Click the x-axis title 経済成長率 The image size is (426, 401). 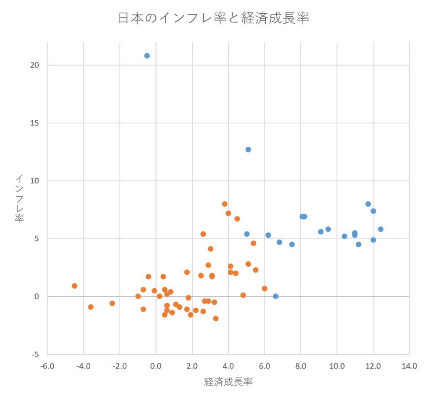(x=228, y=382)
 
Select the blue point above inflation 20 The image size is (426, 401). (x=147, y=56)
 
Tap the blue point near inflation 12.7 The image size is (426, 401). (x=248, y=149)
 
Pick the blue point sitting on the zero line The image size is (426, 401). (x=275, y=296)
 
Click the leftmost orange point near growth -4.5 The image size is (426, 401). (x=74, y=286)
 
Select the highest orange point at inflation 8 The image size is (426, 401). (x=225, y=204)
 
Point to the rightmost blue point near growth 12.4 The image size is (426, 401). (x=381, y=229)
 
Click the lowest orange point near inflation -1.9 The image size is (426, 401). (x=215, y=318)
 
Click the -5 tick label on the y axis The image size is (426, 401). (x=36, y=354)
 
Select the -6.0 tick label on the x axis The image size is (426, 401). (x=47, y=366)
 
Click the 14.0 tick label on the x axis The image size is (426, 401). (x=409, y=366)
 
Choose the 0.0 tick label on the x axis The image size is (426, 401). (x=156, y=366)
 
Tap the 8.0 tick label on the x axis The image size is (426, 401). (x=301, y=366)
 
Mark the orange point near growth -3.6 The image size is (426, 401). (x=91, y=307)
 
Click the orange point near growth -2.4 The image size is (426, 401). (x=112, y=303)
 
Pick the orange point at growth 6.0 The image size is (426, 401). (x=265, y=288)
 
